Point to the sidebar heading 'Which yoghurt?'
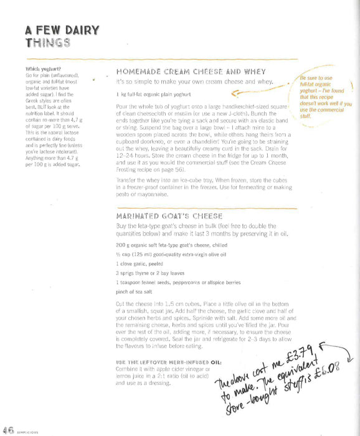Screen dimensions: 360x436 pos(41,69)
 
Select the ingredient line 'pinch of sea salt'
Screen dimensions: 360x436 pos(135,292)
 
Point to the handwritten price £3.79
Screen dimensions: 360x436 pos(304,362)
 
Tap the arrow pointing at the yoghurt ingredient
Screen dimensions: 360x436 pos(249,94)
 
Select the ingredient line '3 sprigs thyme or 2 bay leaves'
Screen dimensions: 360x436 pos(151,273)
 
